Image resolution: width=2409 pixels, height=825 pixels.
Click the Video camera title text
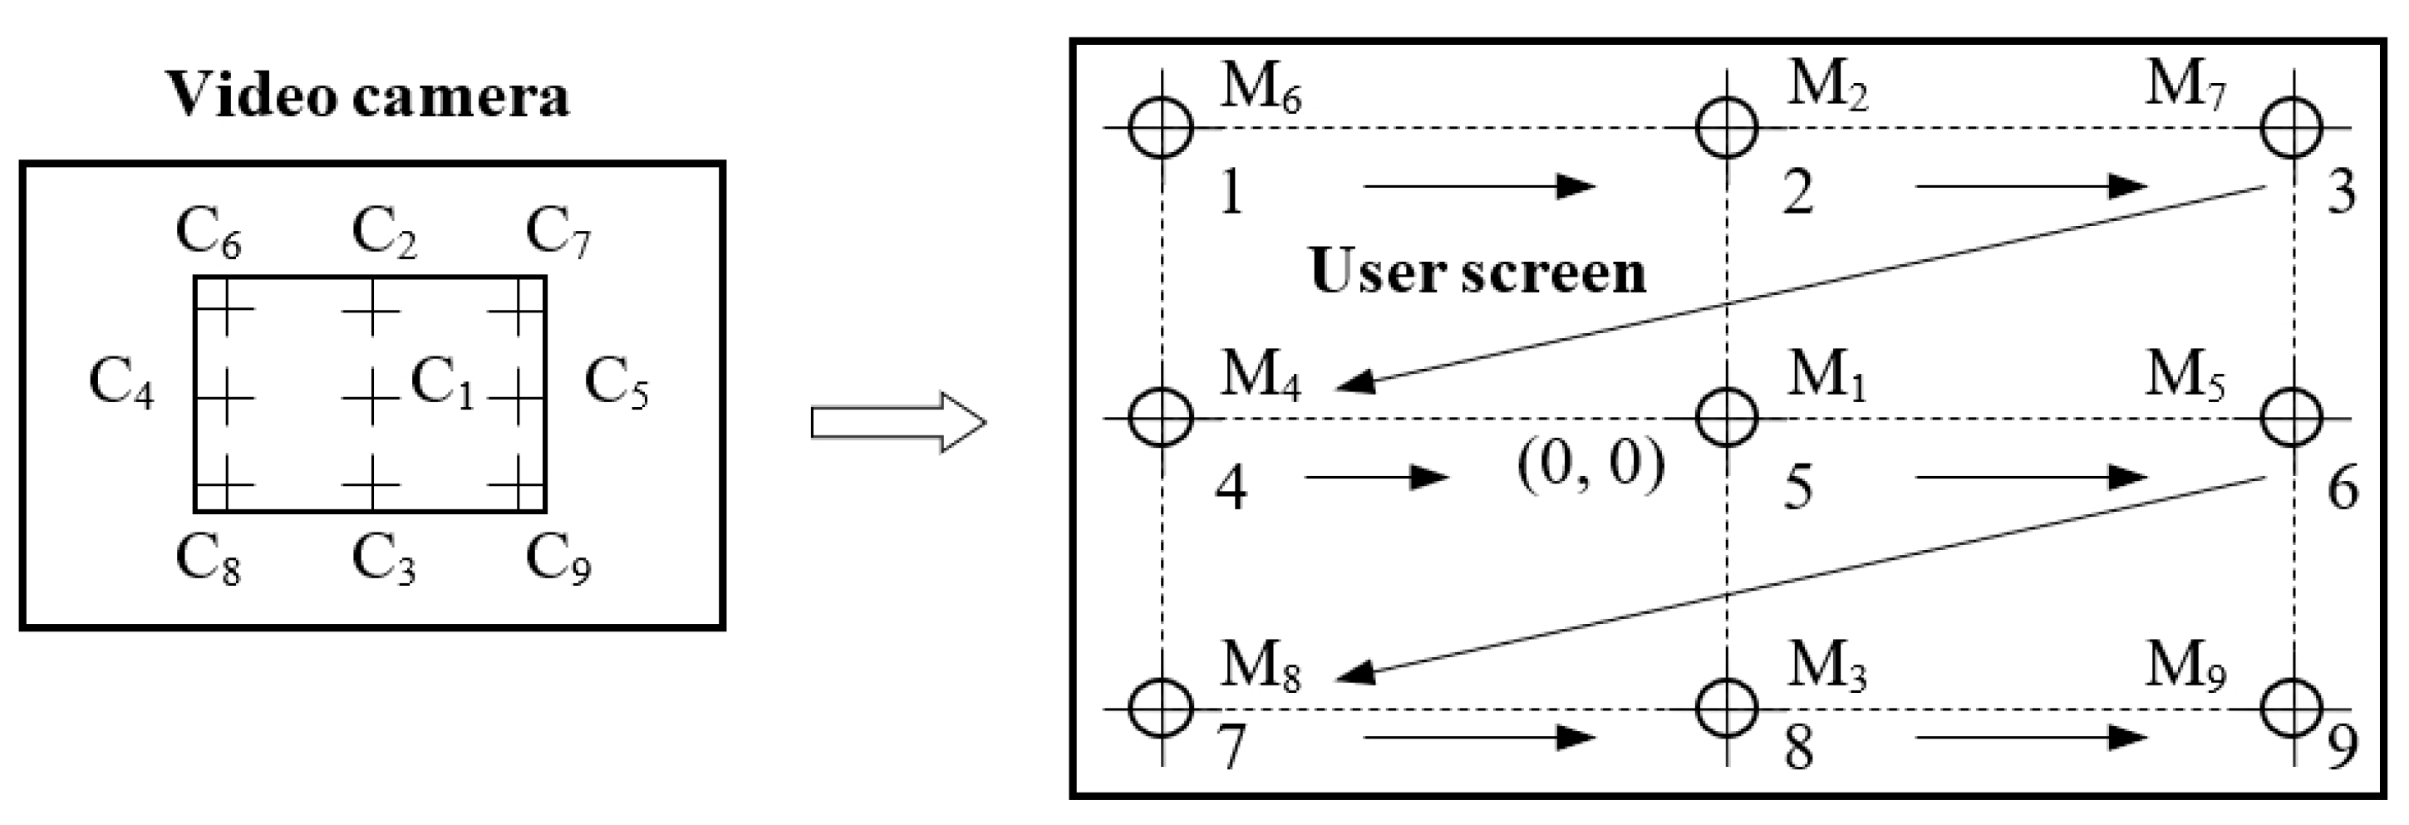click(367, 96)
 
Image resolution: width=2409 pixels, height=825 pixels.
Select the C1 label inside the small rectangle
click(442, 384)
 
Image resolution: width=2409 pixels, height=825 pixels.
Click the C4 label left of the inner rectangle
click(121, 384)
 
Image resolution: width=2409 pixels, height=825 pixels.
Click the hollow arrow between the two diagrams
click(897, 423)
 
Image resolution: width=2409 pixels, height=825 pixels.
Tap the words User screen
click(1477, 271)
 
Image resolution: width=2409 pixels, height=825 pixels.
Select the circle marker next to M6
click(1162, 127)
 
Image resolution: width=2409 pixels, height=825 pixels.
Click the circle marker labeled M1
click(1726, 417)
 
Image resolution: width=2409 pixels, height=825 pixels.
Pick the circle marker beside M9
click(2293, 708)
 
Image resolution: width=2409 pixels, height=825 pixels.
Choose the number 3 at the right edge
click(2341, 193)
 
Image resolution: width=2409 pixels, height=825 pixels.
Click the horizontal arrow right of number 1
click(1478, 186)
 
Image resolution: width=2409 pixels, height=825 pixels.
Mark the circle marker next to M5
click(2293, 417)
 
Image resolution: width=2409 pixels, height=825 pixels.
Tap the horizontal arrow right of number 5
click(2030, 478)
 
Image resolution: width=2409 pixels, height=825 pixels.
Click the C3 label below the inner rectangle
click(383, 559)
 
